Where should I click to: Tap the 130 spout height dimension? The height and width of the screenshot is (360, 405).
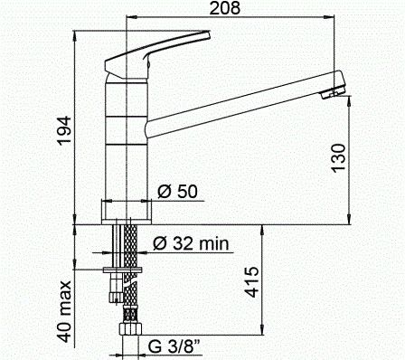[x=337, y=159]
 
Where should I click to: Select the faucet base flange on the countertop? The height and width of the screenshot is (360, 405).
[x=127, y=213]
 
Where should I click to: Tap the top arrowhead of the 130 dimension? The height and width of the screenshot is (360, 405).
[x=351, y=93]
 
